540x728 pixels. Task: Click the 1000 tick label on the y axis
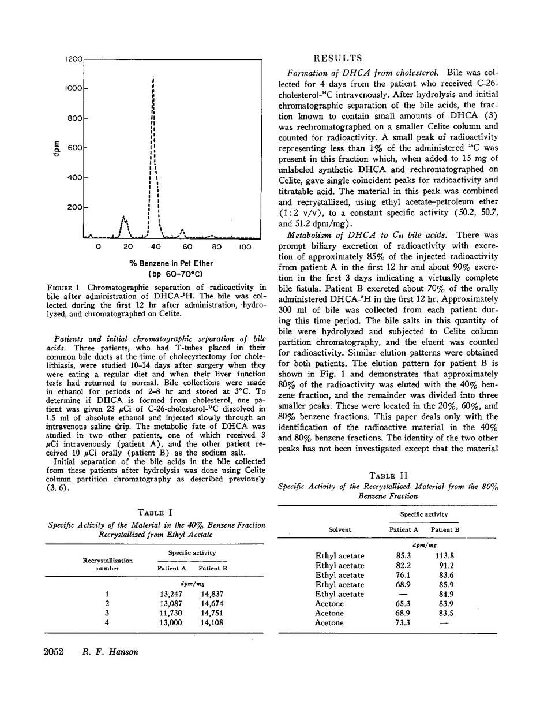click(x=75, y=88)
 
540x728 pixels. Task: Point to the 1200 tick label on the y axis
click(x=75, y=59)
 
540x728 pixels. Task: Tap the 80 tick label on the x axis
click(x=217, y=247)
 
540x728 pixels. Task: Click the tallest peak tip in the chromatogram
click(x=153, y=76)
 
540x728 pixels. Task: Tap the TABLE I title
click(x=154, y=512)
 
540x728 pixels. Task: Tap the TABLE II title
click(x=388, y=475)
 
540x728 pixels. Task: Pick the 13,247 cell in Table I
click(x=171, y=593)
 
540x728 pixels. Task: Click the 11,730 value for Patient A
click(x=171, y=613)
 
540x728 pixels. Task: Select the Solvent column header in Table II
click(x=340, y=529)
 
